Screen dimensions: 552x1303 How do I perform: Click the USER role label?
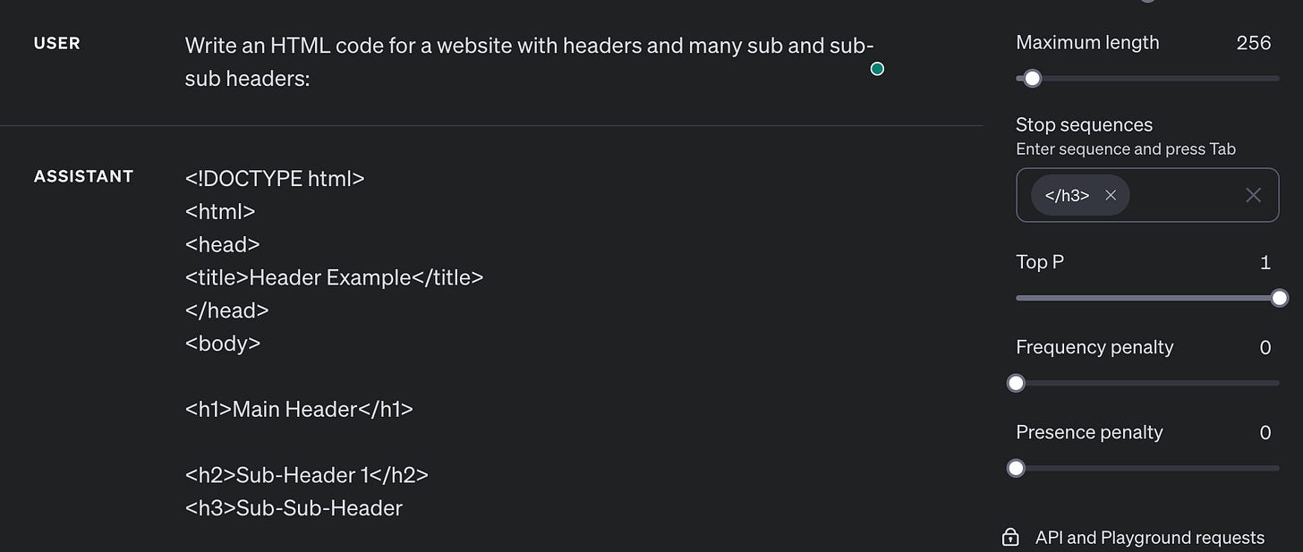(56, 43)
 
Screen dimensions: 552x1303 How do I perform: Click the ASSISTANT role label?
(83, 176)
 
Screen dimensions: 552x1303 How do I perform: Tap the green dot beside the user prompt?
(877, 69)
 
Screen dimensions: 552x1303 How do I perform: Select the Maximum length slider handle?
(1032, 79)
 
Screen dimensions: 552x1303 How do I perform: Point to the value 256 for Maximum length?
(1253, 43)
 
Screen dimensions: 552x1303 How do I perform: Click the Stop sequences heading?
(1084, 124)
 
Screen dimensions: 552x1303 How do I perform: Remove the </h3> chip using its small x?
(1111, 195)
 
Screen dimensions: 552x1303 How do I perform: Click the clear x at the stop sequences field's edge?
(1253, 195)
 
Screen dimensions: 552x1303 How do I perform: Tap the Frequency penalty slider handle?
(1016, 383)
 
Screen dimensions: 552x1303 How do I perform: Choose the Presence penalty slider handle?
(1016, 468)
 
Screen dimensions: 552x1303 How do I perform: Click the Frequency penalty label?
(1094, 347)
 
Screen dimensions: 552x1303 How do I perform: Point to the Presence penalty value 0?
(1265, 432)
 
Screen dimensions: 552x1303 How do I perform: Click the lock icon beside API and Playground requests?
(1010, 538)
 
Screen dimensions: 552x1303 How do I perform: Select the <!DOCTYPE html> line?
(275, 178)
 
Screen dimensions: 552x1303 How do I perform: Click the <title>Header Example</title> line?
(334, 277)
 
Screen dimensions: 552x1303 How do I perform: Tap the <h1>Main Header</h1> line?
(299, 409)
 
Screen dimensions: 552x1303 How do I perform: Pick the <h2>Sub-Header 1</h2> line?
(306, 475)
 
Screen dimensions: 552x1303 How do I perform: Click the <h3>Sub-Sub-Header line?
(294, 508)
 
